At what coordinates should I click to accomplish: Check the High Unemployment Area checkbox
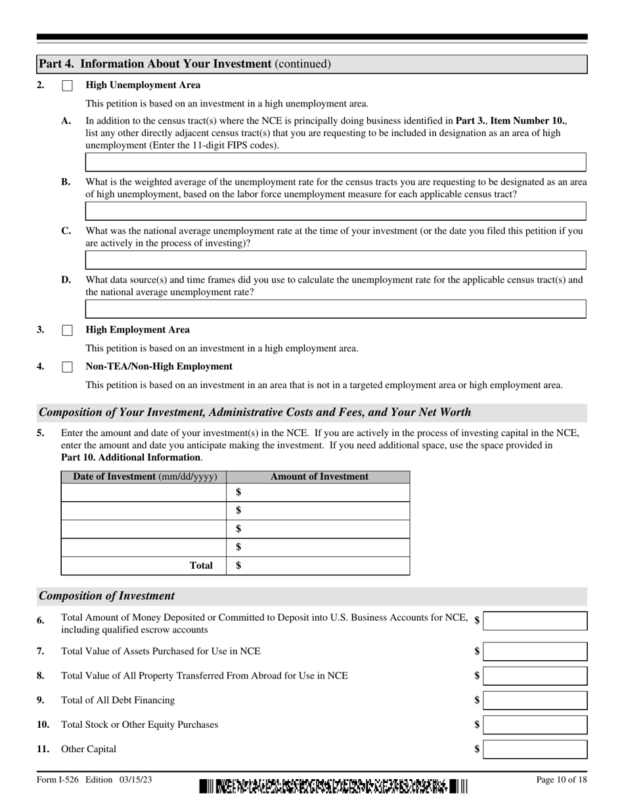[x=67, y=86]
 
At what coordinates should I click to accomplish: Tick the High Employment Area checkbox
[x=67, y=330]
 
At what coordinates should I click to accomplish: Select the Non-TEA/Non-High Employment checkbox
[x=67, y=367]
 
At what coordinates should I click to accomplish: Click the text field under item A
[x=335, y=162]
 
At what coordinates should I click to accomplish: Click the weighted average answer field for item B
[x=335, y=211]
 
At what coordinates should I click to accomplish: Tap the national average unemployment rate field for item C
[x=335, y=260]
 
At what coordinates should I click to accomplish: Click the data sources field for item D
[x=335, y=309]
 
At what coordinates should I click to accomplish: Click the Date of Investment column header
[x=144, y=477]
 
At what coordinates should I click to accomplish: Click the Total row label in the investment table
[x=201, y=566]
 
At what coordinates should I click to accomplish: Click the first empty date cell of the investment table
[x=144, y=493]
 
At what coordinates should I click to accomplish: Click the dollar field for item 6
[x=535, y=621]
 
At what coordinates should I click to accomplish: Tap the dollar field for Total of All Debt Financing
[x=535, y=700]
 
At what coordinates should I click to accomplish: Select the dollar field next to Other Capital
[x=535, y=750]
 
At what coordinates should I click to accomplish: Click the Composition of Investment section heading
[x=107, y=596]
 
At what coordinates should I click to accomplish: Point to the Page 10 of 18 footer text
[x=562, y=780]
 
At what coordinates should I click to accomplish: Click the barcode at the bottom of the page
[x=334, y=786]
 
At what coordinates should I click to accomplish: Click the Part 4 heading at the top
[x=185, y=64]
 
